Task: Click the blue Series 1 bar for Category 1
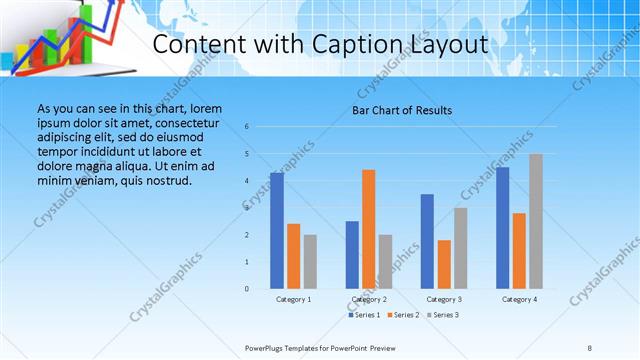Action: pos(277,231)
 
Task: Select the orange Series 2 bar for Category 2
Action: pos(368,229)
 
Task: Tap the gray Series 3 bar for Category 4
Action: pos(536,221)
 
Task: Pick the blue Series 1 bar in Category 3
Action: pos(427,241)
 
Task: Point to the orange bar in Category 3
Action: pos(444,264)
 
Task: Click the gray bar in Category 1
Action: pos(310,262)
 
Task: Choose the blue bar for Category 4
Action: pos(502,228)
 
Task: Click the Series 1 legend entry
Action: pos(364,315)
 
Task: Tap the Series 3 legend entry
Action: pos(443,315)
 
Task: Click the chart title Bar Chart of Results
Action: pos(402,110)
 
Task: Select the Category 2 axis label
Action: pos(368,299)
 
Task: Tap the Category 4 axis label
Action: pos(519,299)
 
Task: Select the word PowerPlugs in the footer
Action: pos(267,347)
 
